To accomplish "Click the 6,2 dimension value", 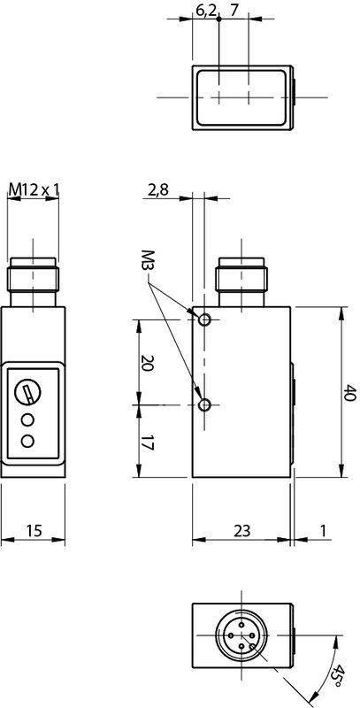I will pos(204,11).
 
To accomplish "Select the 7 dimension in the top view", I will pos(234,11).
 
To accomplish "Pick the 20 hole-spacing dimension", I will pos(147,363).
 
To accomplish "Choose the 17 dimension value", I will pos(147,442).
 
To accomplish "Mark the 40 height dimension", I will pos(350,392).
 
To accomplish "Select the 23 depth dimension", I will pos(241,530).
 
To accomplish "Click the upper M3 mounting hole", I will pos(205,319).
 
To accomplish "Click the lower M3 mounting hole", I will pos(205,405).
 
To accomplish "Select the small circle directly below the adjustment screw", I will pos(29,419).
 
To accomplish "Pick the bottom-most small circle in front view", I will pos(29,440).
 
